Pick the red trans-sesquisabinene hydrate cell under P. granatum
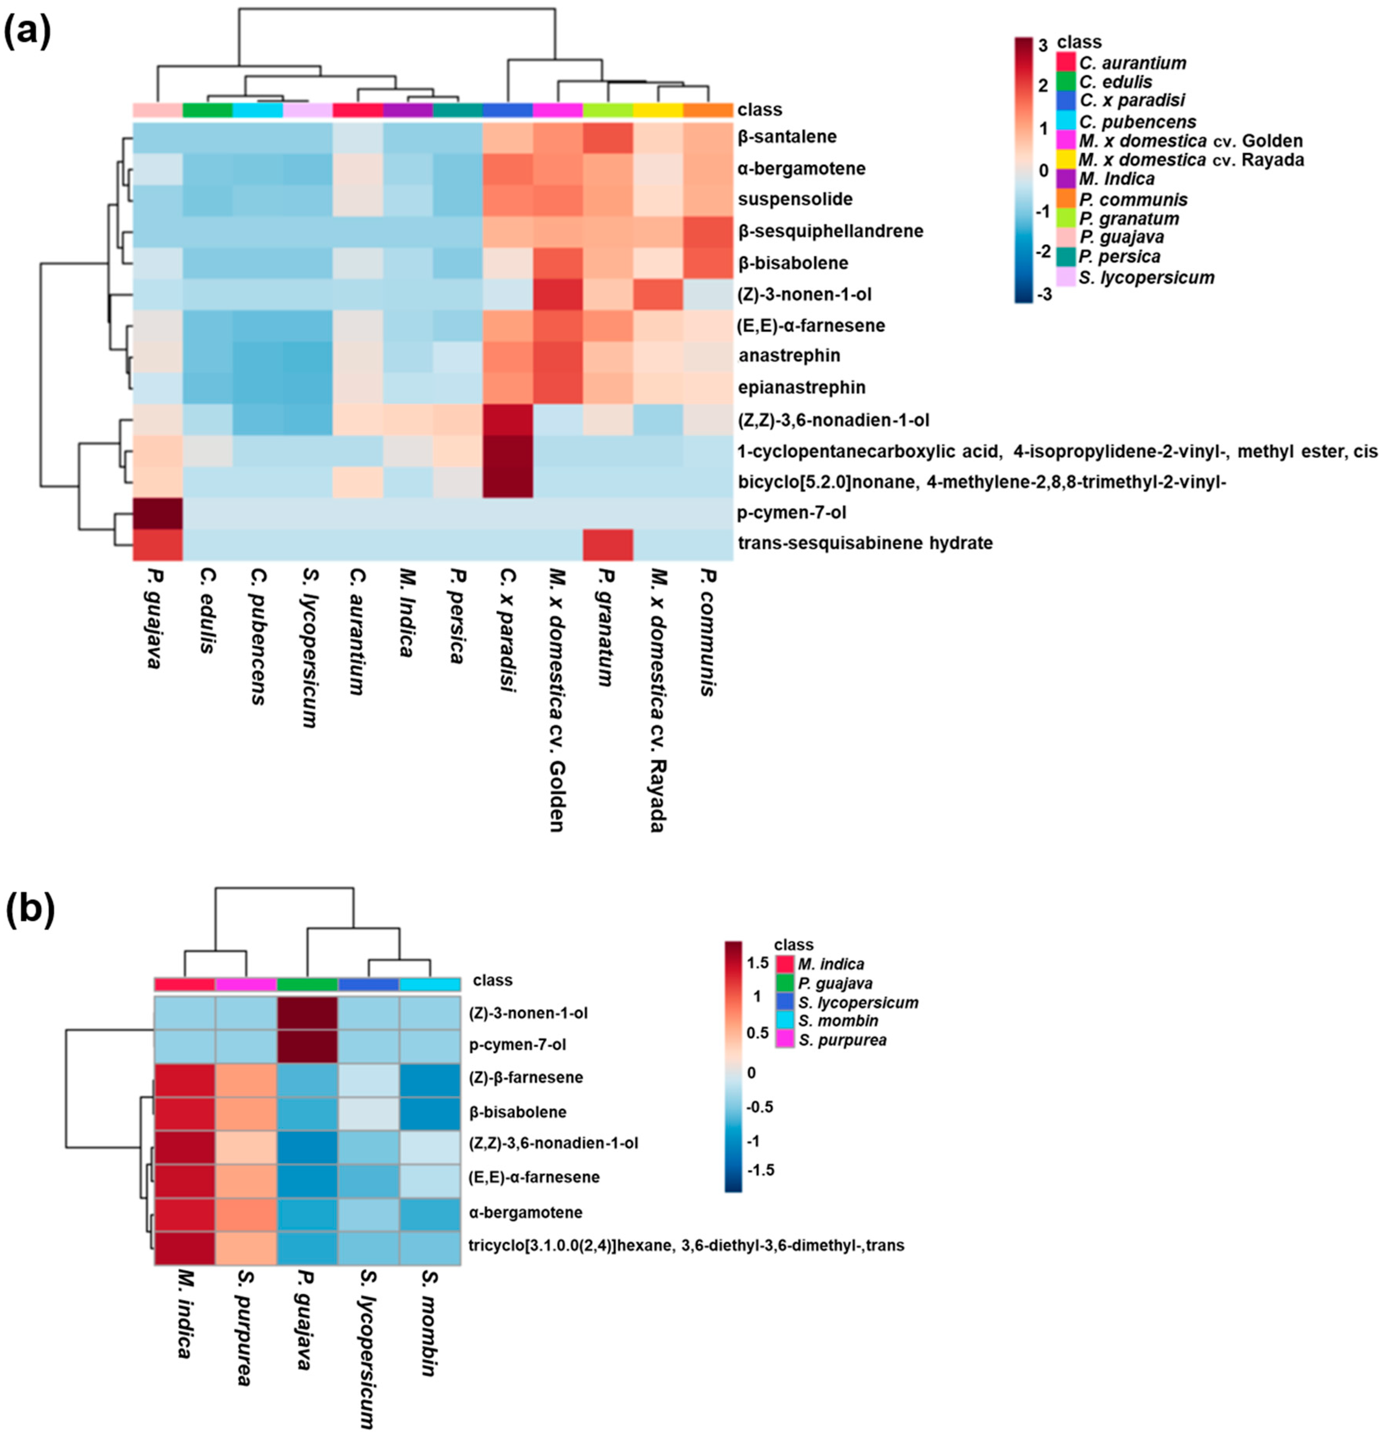(608, 543)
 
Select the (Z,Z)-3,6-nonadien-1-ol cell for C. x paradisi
(507, 420)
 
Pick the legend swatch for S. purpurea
(785, 1040)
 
